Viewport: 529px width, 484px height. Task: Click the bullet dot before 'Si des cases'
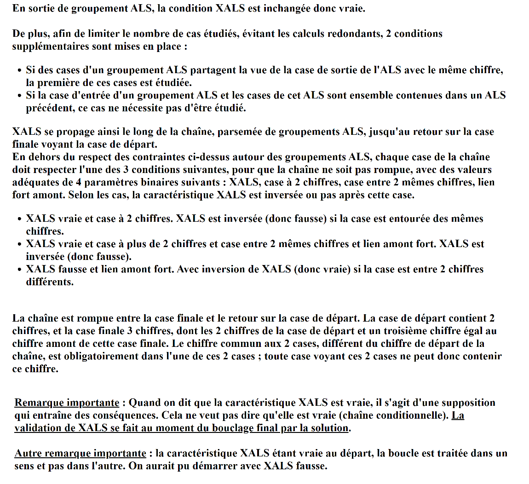pyautogui.click(x=19, y=71)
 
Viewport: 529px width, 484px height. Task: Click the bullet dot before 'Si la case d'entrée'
pyautogui.click(x=19, y=96)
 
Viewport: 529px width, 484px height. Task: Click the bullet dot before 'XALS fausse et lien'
pyautogui.click(x=19, y=270)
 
